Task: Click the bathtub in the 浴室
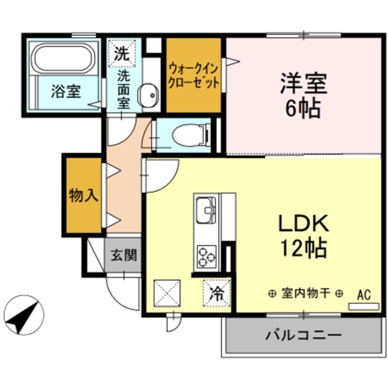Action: click(64, 58)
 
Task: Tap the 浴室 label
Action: click(66, 91)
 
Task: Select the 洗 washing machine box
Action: click(122, 53)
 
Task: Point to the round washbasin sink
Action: click(149, 95)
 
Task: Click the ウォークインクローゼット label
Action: click(193, 76)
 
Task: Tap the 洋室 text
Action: click(303, 84)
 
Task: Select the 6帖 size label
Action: click(303, 109)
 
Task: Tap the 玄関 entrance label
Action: click(123, 255)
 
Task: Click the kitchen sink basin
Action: click(206, 210)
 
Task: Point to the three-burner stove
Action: click(206, 257)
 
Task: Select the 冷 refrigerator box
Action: click(217, 294)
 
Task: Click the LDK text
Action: click(303, 224)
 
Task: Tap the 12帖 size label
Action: click(303, 248)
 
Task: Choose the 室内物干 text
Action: click(306, 294)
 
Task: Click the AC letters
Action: click(364, 295)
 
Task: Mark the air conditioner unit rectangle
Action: click(364, 307)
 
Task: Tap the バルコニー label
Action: click(303, 336)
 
